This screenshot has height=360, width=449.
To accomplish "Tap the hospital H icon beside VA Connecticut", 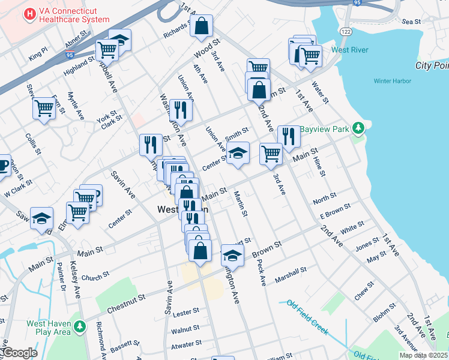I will tap(28, 13).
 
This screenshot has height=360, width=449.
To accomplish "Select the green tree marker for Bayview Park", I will tap(358, 128).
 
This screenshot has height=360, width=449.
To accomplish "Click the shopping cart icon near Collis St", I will tap(44, 109).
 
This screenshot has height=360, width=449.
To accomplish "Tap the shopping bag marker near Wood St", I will tap(202, 26).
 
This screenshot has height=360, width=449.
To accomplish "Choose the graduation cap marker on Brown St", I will tap(232, 255).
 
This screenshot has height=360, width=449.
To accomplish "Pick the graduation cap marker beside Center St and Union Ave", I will tap(238, 153).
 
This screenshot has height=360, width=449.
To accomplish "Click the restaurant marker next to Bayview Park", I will tap(289, 136).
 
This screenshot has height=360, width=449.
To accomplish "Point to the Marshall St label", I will tap(291, 275).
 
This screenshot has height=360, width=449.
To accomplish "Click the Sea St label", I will tap(412, 22).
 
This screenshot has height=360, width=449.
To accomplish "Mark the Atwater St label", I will tap(186, 344).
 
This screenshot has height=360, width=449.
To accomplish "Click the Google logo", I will tap(19, 353).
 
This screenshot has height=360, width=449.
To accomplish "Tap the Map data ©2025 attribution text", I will tap(423, 355).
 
